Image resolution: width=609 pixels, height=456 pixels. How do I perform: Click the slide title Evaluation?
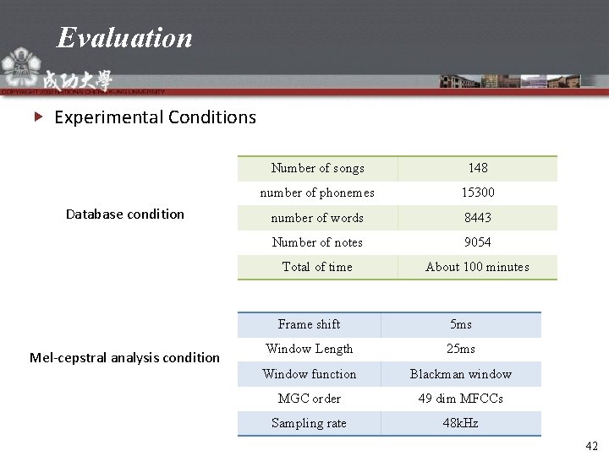coord(125,37)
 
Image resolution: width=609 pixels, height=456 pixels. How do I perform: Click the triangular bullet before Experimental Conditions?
coord(37,117)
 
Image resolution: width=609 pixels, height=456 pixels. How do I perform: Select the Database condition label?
coord(125,214)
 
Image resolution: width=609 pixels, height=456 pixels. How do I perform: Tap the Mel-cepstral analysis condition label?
coord(125,357)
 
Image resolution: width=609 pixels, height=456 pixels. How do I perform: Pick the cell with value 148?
coord(478,168)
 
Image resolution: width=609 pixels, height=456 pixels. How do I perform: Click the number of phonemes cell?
coord(317,193)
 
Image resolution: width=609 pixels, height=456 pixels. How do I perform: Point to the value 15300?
coord(478,193)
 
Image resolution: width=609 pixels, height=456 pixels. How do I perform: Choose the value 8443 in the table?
coord(478,218)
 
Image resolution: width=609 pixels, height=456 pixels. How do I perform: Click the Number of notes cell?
coord(317,242)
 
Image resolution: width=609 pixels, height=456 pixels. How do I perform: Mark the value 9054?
coord(478,242)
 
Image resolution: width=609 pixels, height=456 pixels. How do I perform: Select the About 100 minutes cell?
coord(478,267)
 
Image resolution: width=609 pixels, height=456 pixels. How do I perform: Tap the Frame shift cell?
coord(309,324)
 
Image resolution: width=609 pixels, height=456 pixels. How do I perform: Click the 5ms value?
coord(461,324)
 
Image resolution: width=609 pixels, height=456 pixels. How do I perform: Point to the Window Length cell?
coord(309,349)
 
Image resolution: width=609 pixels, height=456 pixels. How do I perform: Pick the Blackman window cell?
coord(461,374)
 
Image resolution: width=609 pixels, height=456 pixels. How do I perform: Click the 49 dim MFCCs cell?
coord(461,399)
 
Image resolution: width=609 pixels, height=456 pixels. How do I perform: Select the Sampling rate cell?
coord(309,423)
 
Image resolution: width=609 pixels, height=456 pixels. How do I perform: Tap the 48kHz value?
coord(461,423)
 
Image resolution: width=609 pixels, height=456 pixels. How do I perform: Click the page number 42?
coord(591,445)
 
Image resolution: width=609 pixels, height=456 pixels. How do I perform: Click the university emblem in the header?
coord(18,67)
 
